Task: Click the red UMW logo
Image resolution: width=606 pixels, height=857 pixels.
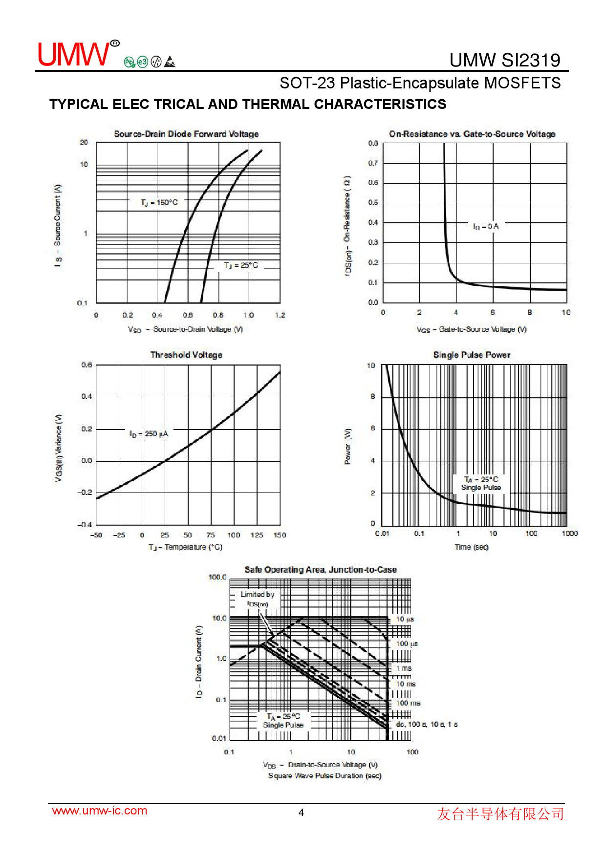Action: (74, 54)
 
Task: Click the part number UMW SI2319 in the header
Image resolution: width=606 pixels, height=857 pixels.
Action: (504, 60)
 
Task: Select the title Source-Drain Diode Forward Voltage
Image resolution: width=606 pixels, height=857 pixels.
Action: (186, 134)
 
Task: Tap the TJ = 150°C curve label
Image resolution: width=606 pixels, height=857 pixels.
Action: (159, 202)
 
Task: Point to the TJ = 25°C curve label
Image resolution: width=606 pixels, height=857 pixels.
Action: (241, 265)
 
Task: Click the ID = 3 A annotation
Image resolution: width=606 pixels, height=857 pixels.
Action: (485, 226)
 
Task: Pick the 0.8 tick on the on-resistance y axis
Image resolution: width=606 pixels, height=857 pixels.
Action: (373, 143)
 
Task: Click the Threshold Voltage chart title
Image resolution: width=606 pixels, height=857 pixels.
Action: (186, 355)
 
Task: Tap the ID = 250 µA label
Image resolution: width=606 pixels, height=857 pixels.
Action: (149, 434)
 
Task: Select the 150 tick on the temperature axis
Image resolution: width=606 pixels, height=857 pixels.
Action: (280, 535)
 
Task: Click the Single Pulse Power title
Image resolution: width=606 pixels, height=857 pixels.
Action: (472, 355)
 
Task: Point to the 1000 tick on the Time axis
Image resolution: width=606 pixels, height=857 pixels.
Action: (569, 534)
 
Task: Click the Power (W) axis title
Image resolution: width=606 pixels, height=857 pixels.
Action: (347, 447)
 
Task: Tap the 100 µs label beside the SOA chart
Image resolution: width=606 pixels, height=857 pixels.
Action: (407, 644)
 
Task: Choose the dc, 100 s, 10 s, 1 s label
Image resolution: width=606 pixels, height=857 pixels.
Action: (427, 724)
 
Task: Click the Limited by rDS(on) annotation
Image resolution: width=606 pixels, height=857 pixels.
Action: (258, 599)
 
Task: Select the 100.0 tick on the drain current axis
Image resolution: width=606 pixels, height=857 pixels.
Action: (217, 577)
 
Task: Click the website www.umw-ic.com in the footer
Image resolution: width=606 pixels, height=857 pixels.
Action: (100, 811)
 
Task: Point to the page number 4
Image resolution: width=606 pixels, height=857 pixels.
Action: (301, 813)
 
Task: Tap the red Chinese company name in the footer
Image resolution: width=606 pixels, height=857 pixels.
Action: (500, 814)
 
